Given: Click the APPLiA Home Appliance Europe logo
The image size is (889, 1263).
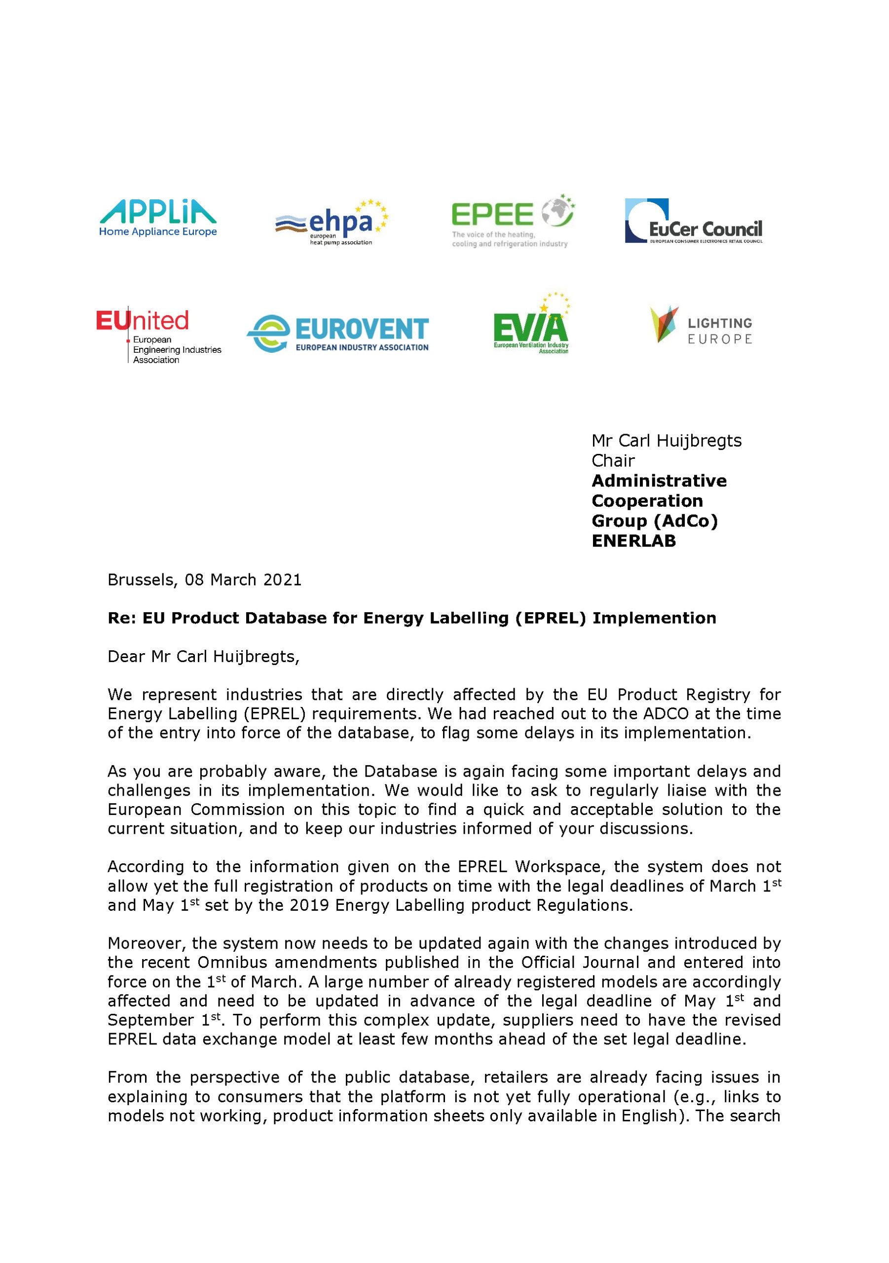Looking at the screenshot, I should click(158, 219).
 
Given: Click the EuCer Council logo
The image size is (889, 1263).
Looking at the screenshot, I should click(693, 221).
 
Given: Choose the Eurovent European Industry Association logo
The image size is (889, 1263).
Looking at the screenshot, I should click(338, 334).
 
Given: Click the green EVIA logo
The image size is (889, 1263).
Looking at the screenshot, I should click(531, 325).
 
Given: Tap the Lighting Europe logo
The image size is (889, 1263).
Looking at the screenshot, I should click(701, 326).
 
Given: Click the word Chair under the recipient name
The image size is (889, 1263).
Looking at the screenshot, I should click(613, 460).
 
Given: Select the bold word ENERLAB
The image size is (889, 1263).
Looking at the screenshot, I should click(633, 541).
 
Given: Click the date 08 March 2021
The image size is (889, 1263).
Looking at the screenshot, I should click(243, 580).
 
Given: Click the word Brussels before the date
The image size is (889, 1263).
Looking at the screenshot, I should click(142, 580).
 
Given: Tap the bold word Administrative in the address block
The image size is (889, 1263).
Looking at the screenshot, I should click(659, 481).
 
